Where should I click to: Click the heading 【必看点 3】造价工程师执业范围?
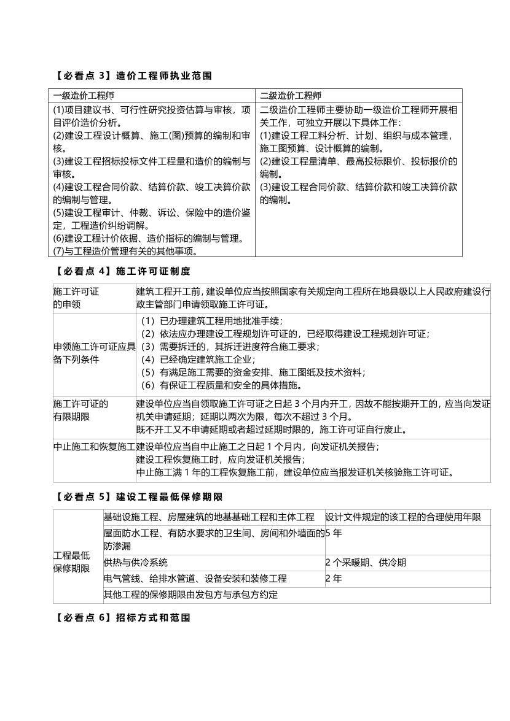131,76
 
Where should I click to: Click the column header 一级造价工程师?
84,96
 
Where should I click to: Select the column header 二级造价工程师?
291,96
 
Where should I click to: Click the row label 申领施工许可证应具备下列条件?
94,353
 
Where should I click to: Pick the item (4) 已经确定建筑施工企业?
198,360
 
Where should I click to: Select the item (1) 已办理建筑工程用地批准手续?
211,321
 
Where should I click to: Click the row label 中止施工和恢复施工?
94,446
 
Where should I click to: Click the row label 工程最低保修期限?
71,561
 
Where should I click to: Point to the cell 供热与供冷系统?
135,563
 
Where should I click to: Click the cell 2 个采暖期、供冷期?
366,563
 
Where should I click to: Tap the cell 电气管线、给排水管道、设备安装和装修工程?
195,579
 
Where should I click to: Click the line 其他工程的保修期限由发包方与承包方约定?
190,595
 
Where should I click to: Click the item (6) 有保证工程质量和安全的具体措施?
221,385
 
